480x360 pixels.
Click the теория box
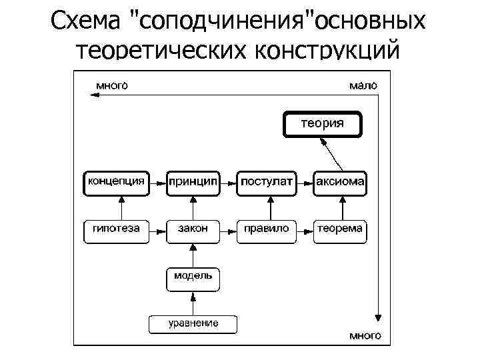(323, 125)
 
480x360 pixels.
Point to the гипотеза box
(112, 230)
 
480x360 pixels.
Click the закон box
(193, 230)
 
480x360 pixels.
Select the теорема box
(340, 230)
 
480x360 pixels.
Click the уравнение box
(193, 324)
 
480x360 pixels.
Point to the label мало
(363, 85)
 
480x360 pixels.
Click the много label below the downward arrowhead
(366, 335)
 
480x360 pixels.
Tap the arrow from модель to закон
(193, 255)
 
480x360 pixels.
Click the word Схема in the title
(87, 21)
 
